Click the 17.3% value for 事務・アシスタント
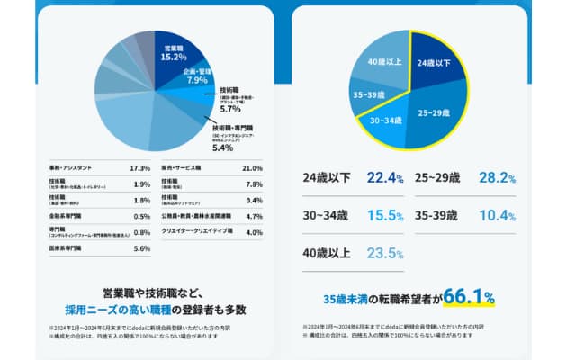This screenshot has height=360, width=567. click(139, 168)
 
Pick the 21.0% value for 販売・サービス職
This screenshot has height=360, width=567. click(251, 168)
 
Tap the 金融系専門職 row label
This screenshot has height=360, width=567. click(68, 216)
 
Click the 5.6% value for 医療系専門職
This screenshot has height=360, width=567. click(140, 247)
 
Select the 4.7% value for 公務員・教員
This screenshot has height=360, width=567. click(253, 216)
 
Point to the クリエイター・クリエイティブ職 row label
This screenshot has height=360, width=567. click(195, 232)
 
